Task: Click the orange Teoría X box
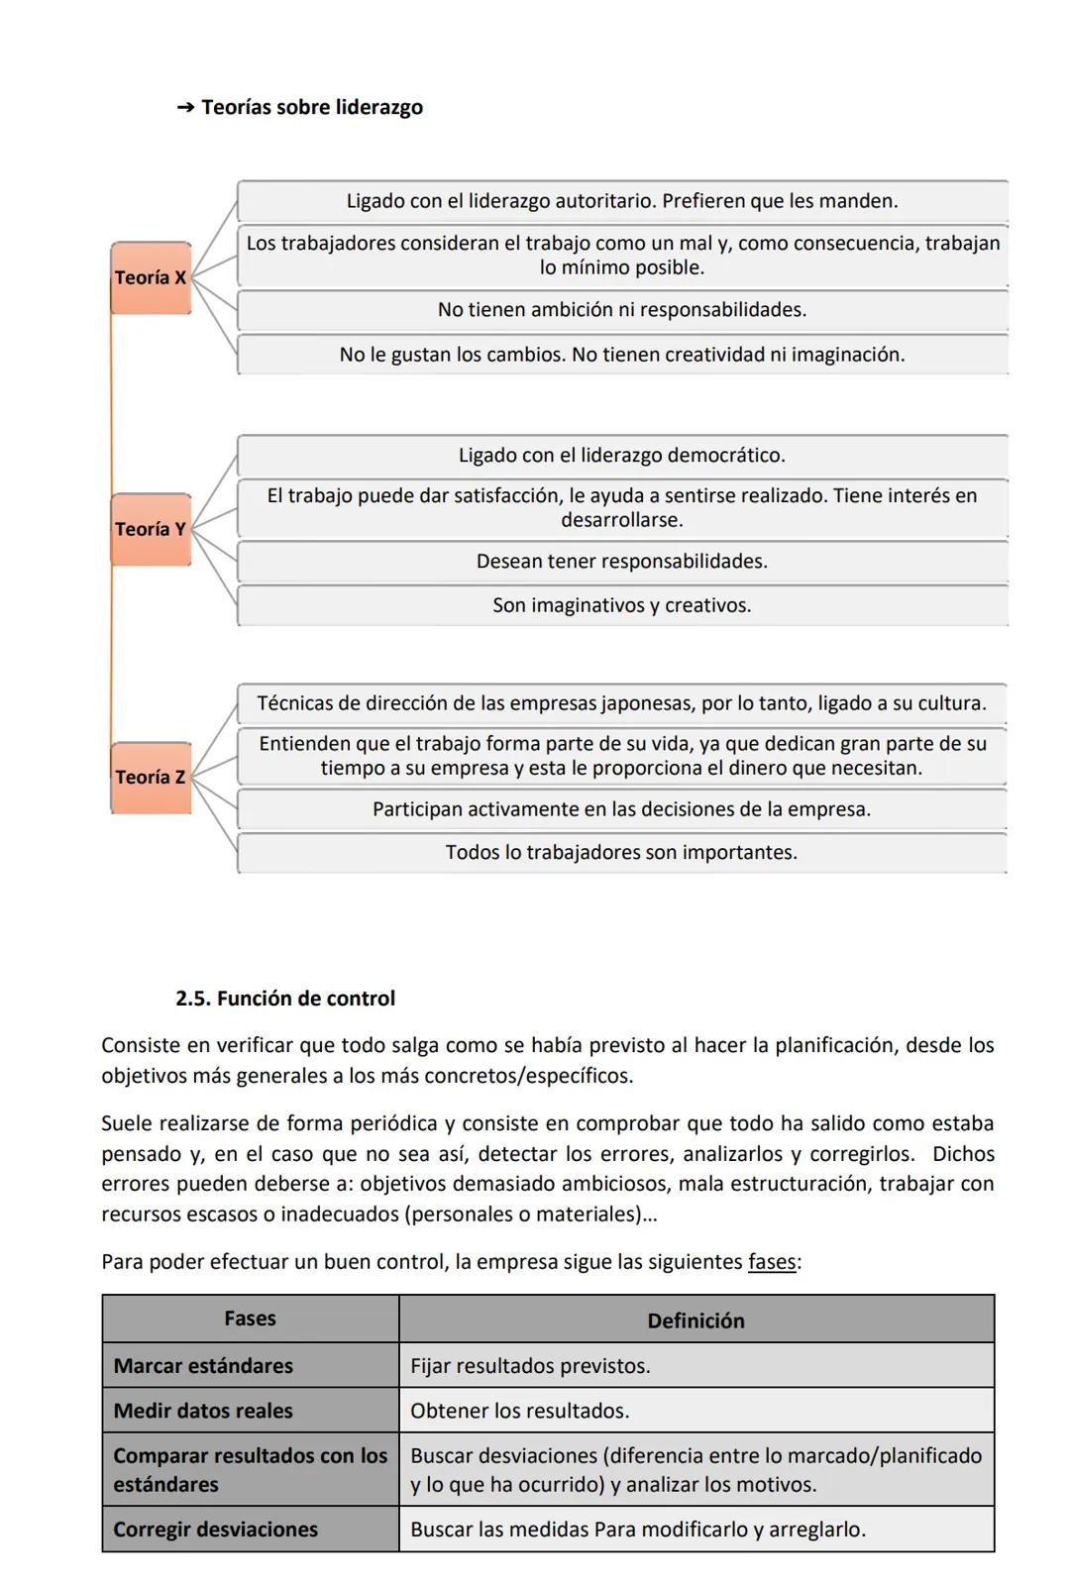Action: click(x=151, y=277)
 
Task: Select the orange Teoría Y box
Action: click(x=151, y=529)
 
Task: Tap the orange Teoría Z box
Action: click(x=151, y=778)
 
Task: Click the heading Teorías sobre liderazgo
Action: click(x=311, y=107)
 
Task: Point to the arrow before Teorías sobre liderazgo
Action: click(x=185, y=107)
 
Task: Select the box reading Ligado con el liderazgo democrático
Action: click(x=621, y=456)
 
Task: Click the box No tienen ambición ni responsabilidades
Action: click(x=621, y=310)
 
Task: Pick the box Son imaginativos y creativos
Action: click(x=621, y=605)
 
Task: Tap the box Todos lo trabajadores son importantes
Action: click(x=621, y=853)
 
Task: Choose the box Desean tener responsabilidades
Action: click(x=621, y=562)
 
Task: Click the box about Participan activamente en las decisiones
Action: click(x=621, y=809)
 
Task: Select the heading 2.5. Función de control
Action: click(x=285, y=999)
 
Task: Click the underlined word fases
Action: click(x=772, y=1262)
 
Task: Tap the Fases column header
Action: click(x=250, y=1319)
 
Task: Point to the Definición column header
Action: click(x=695, y=1321)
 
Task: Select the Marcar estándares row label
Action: click(x=203, y=1366)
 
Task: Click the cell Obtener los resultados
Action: click(x=519, y=1411)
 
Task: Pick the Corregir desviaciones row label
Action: click(x=215, y=1530)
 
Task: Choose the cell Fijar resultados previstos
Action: click(x=530, y=1366)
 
